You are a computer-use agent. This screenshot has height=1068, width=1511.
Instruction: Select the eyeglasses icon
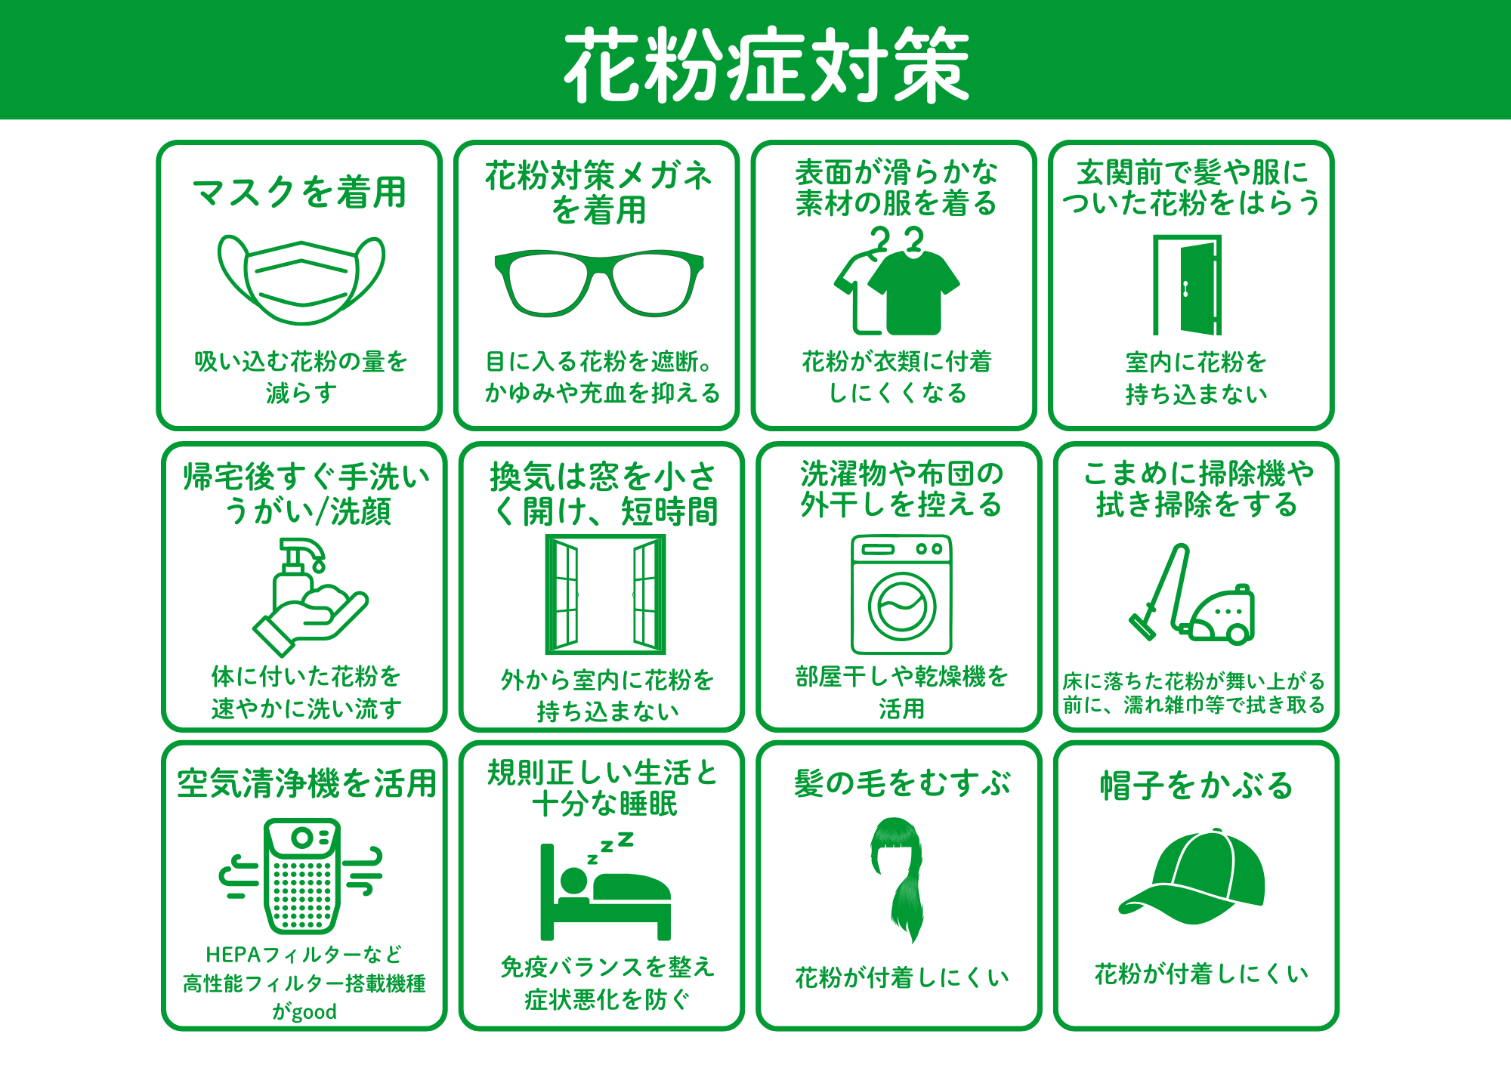599,282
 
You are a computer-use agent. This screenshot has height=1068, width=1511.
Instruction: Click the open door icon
1187,285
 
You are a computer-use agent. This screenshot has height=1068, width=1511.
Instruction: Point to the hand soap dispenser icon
311,597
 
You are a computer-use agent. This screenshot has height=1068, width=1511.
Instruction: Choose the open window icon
605,594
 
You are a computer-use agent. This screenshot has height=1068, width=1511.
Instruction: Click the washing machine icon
901,594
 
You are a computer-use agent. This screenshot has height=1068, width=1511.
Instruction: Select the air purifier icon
301,876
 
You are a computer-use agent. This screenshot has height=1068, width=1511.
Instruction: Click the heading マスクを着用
300,192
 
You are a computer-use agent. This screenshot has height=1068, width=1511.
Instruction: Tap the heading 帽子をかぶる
1197,786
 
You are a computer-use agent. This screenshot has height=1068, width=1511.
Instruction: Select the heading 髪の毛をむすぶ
902,782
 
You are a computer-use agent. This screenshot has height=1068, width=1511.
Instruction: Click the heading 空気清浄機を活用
306,783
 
